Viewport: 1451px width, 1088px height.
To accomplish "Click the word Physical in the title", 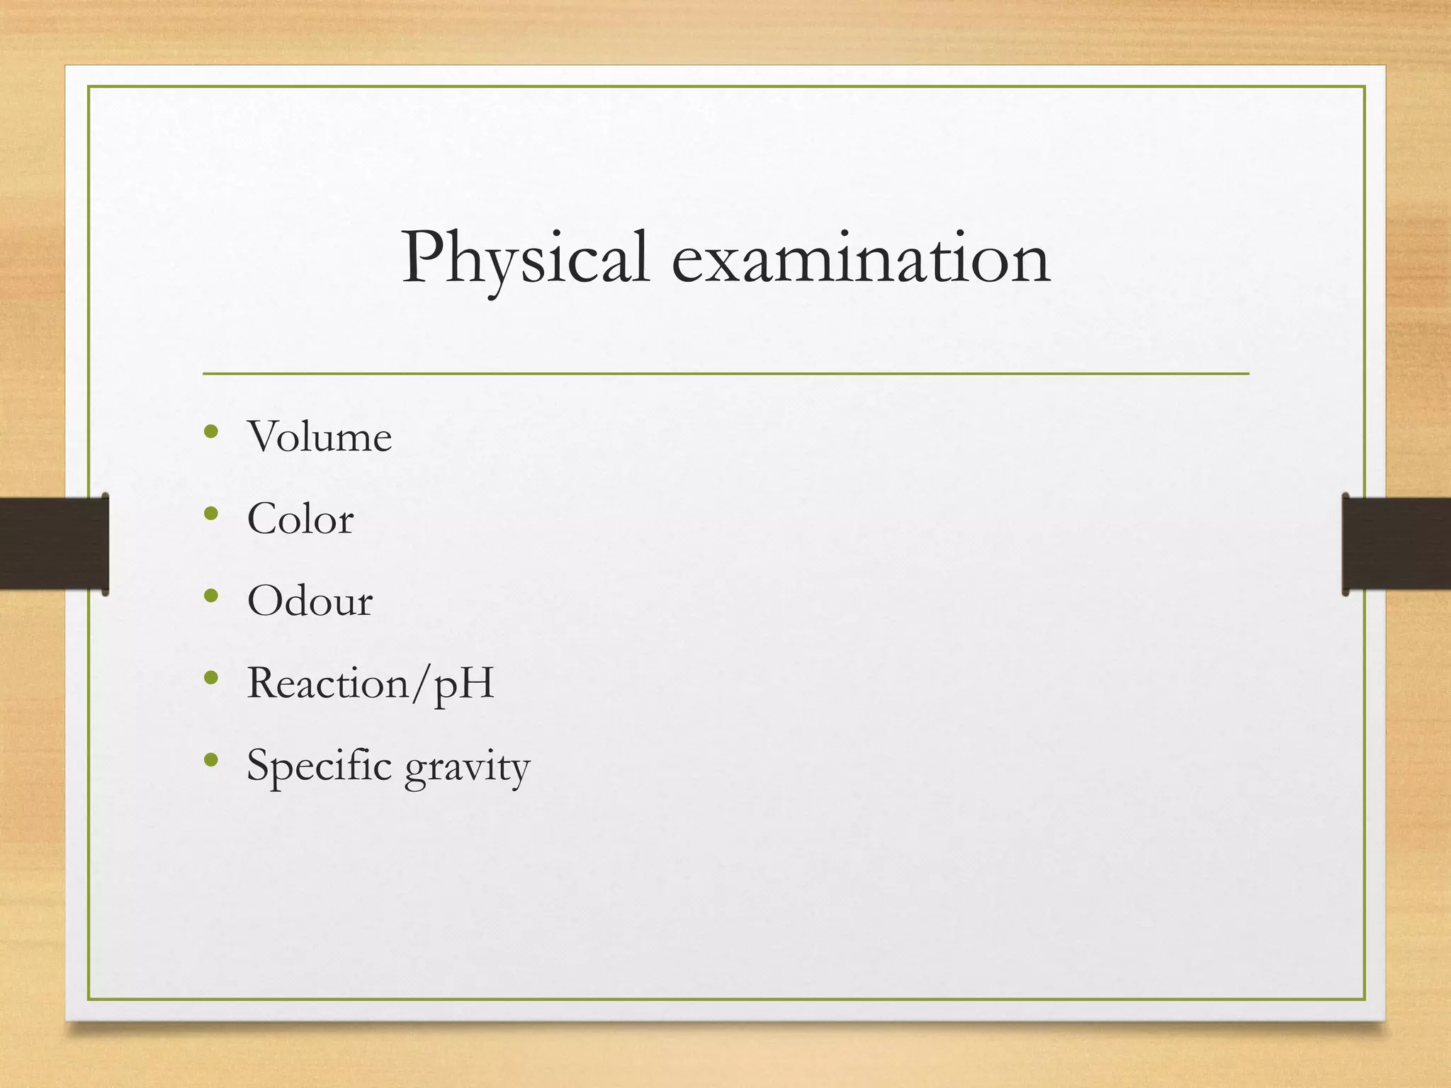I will pos(525,259).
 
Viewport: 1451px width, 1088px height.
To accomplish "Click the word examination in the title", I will pos(860,259).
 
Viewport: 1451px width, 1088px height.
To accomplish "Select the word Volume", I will pos(320,437).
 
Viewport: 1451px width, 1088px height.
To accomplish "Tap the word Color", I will pos(300,519).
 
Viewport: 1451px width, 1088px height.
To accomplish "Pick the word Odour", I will pos(310,601).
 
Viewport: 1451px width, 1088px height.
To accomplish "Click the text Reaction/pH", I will pos(370,684).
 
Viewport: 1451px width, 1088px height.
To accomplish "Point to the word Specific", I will pos(319,766).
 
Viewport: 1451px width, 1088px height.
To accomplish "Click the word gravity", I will pos(467,768).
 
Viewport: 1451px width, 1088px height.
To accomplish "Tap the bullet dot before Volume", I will pos(210,431).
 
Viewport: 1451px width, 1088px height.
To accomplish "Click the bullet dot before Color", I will pos(210,513).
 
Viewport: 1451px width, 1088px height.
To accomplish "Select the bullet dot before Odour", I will pos(210,596).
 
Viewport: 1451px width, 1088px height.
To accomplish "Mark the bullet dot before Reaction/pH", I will pos(210,678).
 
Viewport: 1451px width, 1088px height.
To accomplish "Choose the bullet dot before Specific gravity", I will pos(210,760).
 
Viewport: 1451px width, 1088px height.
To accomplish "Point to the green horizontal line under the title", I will pos(725,373).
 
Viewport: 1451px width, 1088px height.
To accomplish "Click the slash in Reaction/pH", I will pos(420,684).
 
